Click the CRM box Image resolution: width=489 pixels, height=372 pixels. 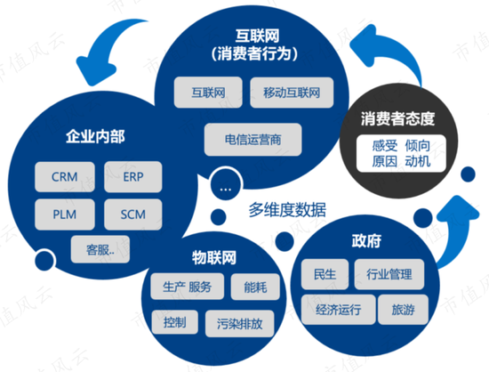click(x=65, y=177)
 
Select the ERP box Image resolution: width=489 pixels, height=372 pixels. click(x=133, y=177)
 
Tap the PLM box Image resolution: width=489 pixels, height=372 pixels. click(x=65, y=214)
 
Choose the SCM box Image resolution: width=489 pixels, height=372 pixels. click(x=133, y=214)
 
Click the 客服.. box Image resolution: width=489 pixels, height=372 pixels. click(x=100, y=249)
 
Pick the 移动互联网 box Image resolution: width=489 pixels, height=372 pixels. click(x=292, y=93)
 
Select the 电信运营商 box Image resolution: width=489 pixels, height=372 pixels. click(x=253, y=140)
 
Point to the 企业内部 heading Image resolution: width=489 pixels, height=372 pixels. click(x=95, y=137)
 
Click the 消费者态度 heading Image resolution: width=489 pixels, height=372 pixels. click(x=397, y=119)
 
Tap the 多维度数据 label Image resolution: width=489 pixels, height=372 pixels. click(x=287, y=209)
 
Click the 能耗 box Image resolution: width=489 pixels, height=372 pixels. click(x=255, y=287)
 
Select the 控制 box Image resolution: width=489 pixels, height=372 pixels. click(x=174, y=322)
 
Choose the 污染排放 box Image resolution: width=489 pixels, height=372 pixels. click(x=240, y=324)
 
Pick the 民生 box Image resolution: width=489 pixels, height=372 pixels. click(x=325, y=274)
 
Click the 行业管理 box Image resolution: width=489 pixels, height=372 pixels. click(x=389, y=274)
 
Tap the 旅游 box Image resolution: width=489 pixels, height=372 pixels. click(x=403, y=310)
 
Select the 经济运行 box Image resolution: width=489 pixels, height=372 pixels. click(x=339, y=310)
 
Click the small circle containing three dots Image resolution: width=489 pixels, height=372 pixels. click(x=226, y=185)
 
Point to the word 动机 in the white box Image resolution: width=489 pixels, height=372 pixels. click(x=418, y=162)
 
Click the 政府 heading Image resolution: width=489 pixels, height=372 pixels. click(x=366, y=241)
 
